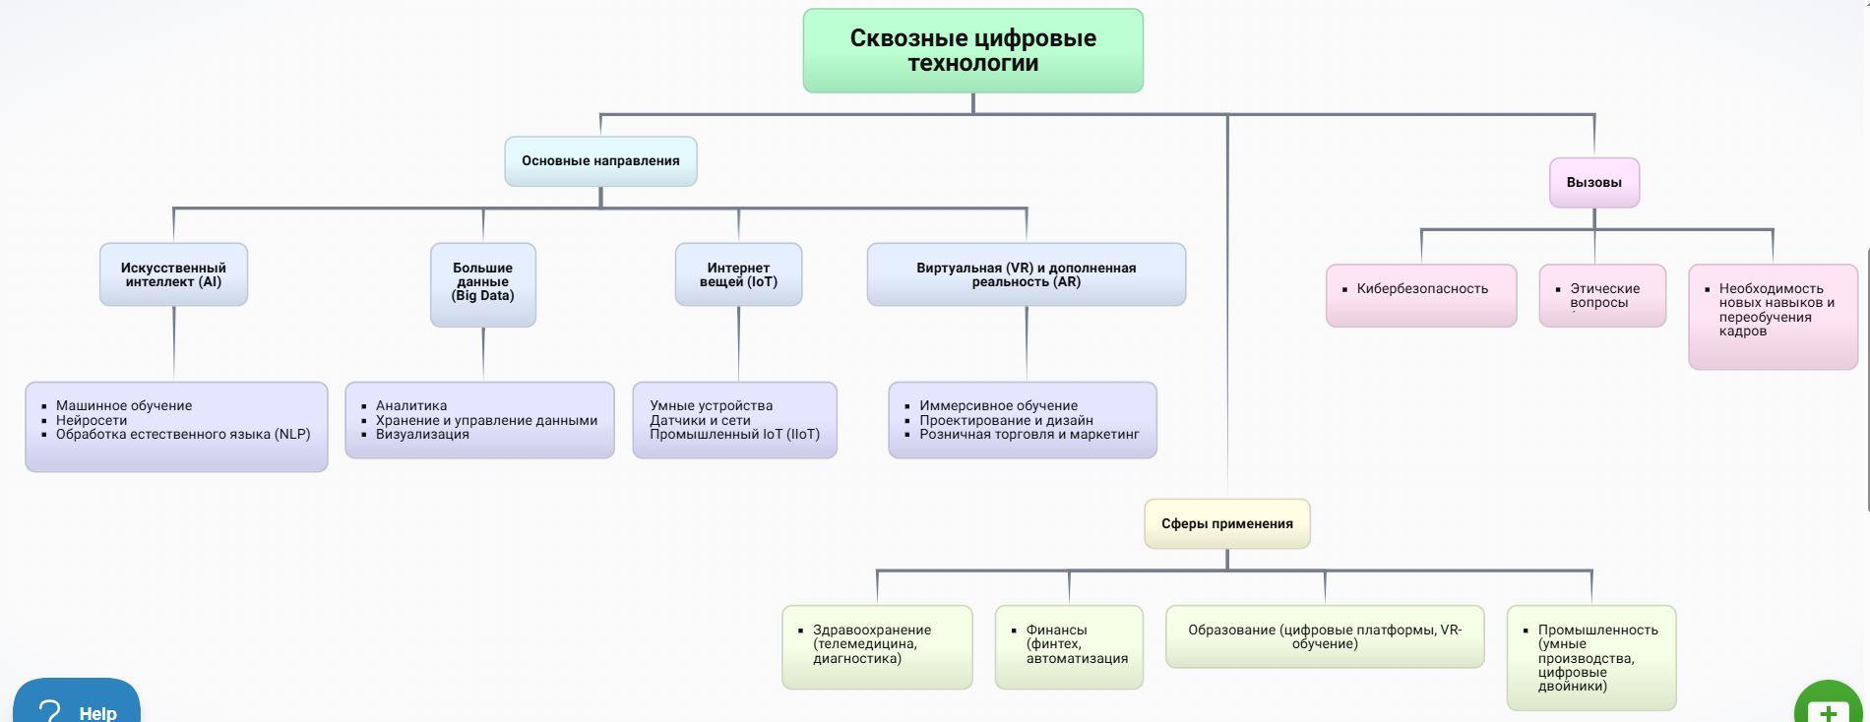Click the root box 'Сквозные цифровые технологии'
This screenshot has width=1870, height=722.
click(x=972, y=51)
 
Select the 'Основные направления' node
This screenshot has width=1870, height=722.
click(x=600, y=161)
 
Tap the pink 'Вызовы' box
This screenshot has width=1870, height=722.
click(x=1593, y=183)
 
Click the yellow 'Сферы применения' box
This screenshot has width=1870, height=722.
click(x=1226, y=524)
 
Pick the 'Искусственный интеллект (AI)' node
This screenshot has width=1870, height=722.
click(x=173, y=275)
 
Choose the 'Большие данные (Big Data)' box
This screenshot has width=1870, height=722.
click(x=482, y=283)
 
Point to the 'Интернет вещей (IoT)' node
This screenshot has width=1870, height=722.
click(x=738, y=275)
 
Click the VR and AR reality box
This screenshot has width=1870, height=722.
click(x=1026, y=275)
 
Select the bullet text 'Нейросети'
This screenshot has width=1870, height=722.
click(x=92, y=420)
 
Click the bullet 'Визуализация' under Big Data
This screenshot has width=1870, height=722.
click(x=422, y=435)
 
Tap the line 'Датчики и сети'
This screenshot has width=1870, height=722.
click(x=700, y=420)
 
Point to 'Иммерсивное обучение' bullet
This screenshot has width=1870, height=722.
click(x=998, y=405)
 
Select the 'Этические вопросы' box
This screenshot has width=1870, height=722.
click(x=1602, y=295)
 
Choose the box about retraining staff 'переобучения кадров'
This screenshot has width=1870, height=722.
click(x=1773, y=316)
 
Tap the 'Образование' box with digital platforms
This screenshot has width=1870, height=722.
click(x=1324, y=636)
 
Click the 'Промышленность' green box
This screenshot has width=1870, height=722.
click(x=1590, y=657)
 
